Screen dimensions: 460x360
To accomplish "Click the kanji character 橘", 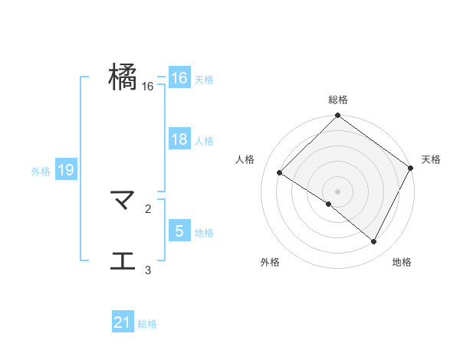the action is [x=123, y=78].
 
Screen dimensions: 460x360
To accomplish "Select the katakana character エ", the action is [x=123, y=261].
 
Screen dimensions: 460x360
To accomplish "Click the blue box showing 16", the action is [x=179, y=78].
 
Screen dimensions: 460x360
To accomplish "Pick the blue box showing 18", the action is [x=179, y=139].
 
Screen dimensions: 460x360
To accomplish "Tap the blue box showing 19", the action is [x=65, y=170].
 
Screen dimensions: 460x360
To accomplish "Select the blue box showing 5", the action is [x=179, y=231].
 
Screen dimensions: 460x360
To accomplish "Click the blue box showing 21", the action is [x=123, y=323].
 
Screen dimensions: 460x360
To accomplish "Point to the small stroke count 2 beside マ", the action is [x=148, y=208].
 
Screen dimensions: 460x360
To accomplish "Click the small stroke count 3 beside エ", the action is [x=148, y=270].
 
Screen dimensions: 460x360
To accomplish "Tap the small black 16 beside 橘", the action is [x=148, y=87].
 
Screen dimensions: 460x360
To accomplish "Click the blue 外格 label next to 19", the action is [x=41, y=171].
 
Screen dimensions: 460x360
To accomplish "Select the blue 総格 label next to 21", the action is [x=147, y=324].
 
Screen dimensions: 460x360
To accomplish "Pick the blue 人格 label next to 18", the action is [x=204, y=140].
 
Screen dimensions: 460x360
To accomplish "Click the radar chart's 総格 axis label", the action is [x=337, y=100].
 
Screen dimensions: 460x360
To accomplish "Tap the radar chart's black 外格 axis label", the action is [x=270, y=263].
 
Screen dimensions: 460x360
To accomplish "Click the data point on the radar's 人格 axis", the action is [x=280, y=173].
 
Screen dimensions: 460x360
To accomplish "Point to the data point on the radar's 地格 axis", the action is [x=374, y=242].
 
